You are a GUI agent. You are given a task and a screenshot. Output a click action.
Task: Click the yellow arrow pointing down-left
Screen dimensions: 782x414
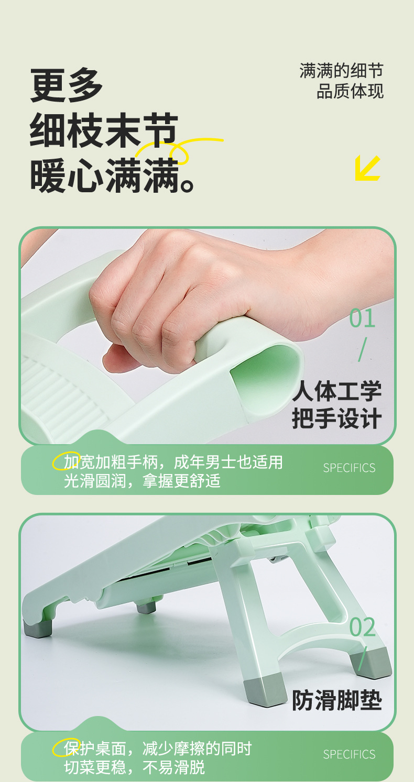coord(367,168)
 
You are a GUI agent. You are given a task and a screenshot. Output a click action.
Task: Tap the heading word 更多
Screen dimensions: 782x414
coord(67,85)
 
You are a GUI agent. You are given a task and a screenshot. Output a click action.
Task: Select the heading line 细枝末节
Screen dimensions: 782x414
coord(104,131)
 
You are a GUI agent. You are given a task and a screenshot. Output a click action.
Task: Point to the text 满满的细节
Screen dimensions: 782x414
coord(341,71)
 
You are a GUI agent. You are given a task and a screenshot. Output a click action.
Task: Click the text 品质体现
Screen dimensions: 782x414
coord(350,91)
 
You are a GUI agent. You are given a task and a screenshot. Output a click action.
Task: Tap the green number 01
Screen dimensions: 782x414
coord(362,319)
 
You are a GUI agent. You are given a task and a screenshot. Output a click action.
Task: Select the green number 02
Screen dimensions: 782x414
coord(362,627)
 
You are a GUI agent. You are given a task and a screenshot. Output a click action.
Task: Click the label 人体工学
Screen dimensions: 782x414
coord(337,391)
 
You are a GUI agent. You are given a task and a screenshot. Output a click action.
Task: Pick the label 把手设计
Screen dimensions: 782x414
coord(337,420)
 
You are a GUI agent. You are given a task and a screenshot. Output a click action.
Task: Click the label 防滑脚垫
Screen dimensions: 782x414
coord(337,700)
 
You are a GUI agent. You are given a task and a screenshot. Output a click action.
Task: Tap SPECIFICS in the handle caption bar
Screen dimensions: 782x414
coord(349,468)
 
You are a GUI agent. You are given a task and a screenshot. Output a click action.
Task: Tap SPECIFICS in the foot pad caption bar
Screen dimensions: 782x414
coord(349,754)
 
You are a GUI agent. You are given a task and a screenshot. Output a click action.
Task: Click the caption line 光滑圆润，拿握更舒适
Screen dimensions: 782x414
coord(142,481)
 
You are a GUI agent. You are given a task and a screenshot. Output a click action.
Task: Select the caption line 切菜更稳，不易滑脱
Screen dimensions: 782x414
coord(134,768)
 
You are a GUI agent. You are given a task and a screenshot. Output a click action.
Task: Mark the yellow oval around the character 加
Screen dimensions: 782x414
coord(67,461)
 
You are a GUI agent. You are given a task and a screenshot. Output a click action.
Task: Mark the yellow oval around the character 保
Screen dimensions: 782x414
coord(67,748)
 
